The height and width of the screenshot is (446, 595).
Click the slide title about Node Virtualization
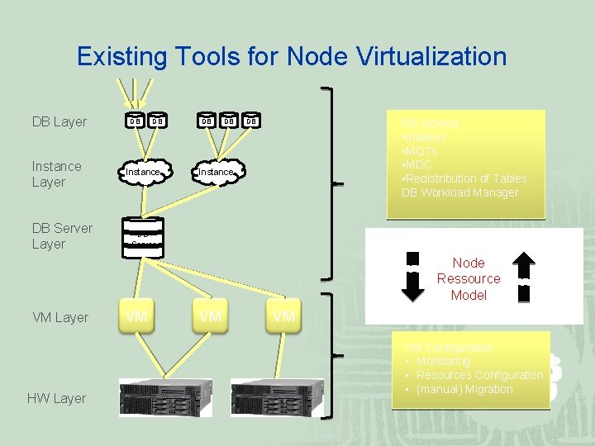pos(291,56)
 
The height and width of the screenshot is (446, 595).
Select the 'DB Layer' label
pos(59,121)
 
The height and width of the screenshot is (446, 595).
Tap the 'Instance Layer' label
pos(56,173)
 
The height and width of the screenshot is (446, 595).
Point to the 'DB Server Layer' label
pos(61,235)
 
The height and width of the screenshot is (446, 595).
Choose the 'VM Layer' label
pos(59,317)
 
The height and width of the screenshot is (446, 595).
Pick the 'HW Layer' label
pos(56,398)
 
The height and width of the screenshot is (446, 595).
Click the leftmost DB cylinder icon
pos(133,121)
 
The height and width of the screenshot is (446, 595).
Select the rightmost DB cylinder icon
pos(252,121)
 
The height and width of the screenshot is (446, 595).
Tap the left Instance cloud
pos(142,171)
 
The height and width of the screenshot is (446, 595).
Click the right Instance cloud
pos(216,171)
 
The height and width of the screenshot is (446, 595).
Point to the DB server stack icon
pos(142,235)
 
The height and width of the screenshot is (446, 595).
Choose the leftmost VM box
pos(136,316)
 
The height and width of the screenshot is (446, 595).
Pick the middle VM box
pos(210,316)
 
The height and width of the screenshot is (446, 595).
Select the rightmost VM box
pos(283,316)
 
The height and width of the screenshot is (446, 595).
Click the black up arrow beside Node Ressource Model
pos(523,278)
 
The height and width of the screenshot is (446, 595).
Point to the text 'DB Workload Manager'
pos(459,192)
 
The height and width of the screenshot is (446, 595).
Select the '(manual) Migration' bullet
pos(464,389)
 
